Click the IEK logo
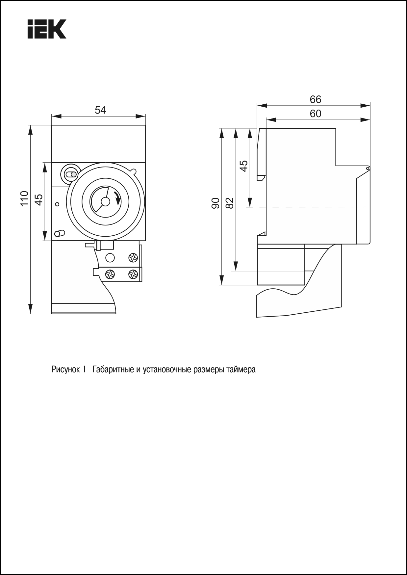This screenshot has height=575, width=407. tap(47, 29)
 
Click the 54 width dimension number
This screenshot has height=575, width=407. tap(100, 110)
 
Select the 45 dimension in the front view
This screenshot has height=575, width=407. tap(39, 199)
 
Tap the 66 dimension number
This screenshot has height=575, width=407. tap(315, 99)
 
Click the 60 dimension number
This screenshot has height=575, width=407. tap(315, 114)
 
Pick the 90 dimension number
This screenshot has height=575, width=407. tap(216, 203)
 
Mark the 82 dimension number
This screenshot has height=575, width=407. tap(230, 203)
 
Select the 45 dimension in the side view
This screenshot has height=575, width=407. tap(244, 166)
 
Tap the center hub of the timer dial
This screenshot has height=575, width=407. tap(105, 201)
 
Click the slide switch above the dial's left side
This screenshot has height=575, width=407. tap(70, 174)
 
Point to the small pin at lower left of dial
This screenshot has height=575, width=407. tap(59, 233)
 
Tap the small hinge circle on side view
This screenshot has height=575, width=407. tap(368, 169)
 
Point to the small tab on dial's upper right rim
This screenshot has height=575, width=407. tap(133, 171)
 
